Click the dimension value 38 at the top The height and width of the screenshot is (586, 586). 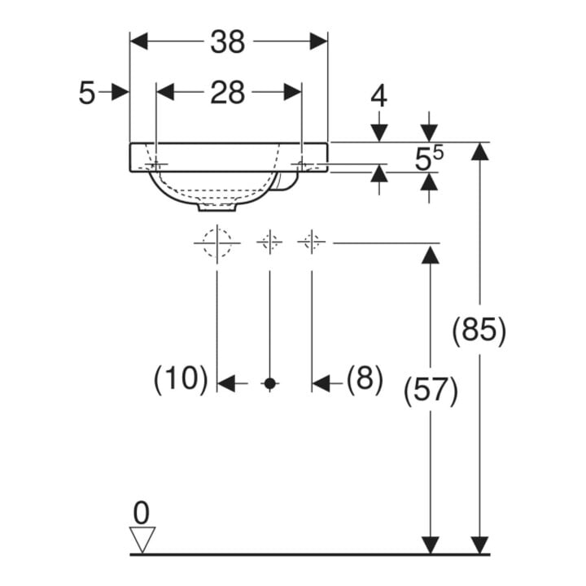(x=228, y=42)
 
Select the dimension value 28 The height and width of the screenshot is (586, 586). (x=228, y=93)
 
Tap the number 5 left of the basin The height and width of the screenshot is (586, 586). (x=87, y=94)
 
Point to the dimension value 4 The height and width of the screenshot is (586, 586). (x=379, y=96)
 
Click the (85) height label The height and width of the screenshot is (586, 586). (x=479, y=330)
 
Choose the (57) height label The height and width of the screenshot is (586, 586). (x=431, y=391)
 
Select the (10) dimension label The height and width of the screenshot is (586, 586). (x=181, y=378)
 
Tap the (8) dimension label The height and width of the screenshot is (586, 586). (x=365, y=378)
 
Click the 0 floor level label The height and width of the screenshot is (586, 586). (x=142, y=514)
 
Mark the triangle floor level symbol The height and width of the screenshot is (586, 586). (x=142, y=539)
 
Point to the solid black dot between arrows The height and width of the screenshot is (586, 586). (x=270, y=383)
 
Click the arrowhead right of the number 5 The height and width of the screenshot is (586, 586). (x=120, y=93)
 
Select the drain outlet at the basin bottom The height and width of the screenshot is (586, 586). (x=217, y=207)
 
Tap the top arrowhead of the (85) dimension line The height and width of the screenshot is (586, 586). (x=480, y=151)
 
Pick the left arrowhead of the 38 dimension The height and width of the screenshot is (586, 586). (x=139, y=42)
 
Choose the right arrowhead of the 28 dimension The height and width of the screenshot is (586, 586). (x=292, y=92)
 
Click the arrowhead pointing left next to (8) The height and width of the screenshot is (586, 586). (x=321, y=383)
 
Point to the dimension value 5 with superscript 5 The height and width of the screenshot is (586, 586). (x=430, y=159)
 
